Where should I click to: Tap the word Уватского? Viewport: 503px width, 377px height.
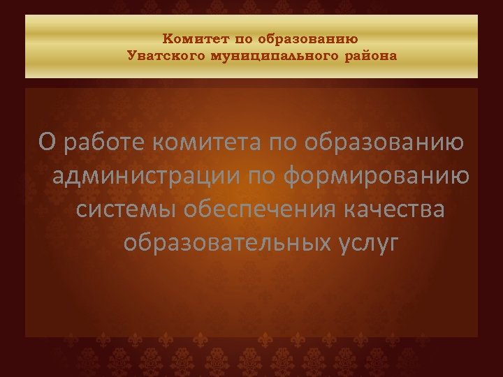pos(164,56)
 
